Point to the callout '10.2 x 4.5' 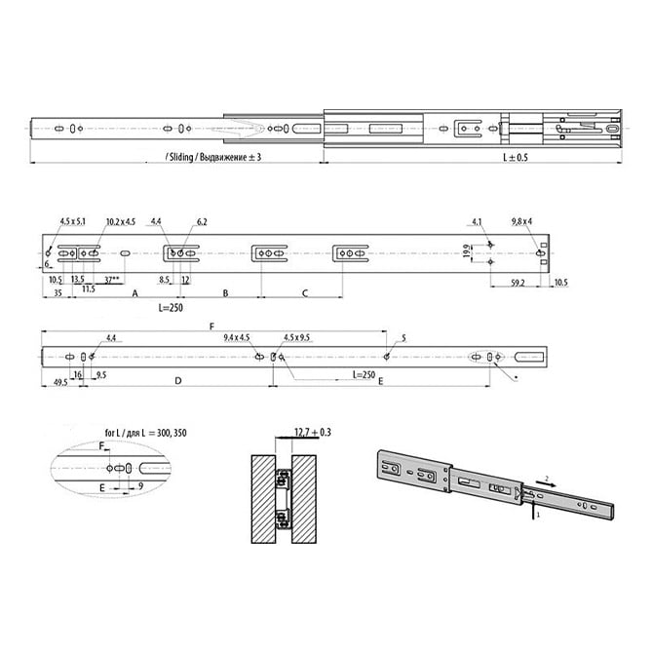click(121, 222)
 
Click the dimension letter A click(134, 291)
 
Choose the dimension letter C click(304, 291)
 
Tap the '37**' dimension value click(114, 280)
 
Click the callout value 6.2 click(202, 222)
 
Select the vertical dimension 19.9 click(469, 250)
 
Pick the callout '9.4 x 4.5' click(238, 337)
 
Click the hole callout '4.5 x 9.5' click(296, 337)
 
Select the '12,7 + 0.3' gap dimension click(312, 430)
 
